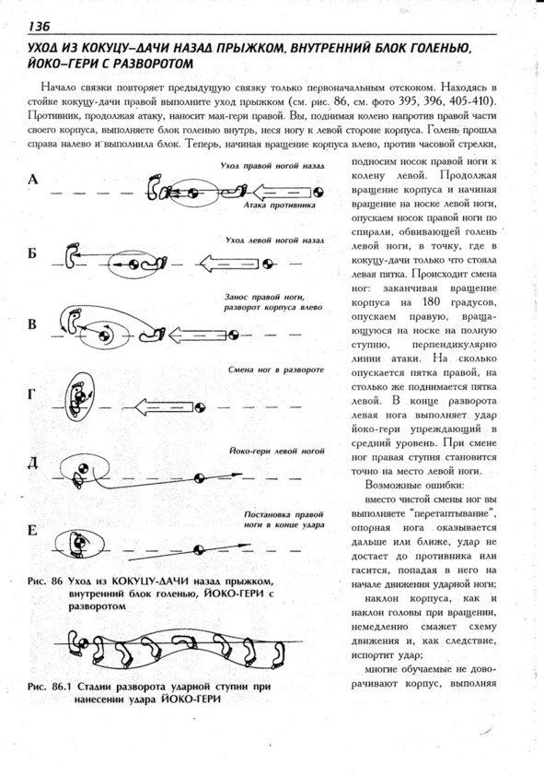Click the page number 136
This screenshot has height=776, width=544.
click(x=40, y=26)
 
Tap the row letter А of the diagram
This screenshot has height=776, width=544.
click(x=32, y=179)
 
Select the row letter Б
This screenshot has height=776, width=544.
click(x=32, y=253)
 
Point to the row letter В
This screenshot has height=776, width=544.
click(x=32, y=324)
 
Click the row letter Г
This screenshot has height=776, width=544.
click(x=31, y=394)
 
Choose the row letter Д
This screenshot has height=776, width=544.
click(x=32, y=464)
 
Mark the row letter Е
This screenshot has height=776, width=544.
click(x=32, y=531)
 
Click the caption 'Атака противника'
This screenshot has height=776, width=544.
click(x=280, y=205)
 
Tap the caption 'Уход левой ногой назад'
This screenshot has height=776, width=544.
click(x=274, y=240)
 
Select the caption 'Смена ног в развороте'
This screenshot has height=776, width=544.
click(x=276, y=370)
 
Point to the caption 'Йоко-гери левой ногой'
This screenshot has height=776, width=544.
click(x=277, y=451)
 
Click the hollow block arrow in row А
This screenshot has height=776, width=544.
click(x=283, y=192)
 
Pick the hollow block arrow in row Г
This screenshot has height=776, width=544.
click(x=164, y=406)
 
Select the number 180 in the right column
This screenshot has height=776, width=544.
click(x=431, y=301)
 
